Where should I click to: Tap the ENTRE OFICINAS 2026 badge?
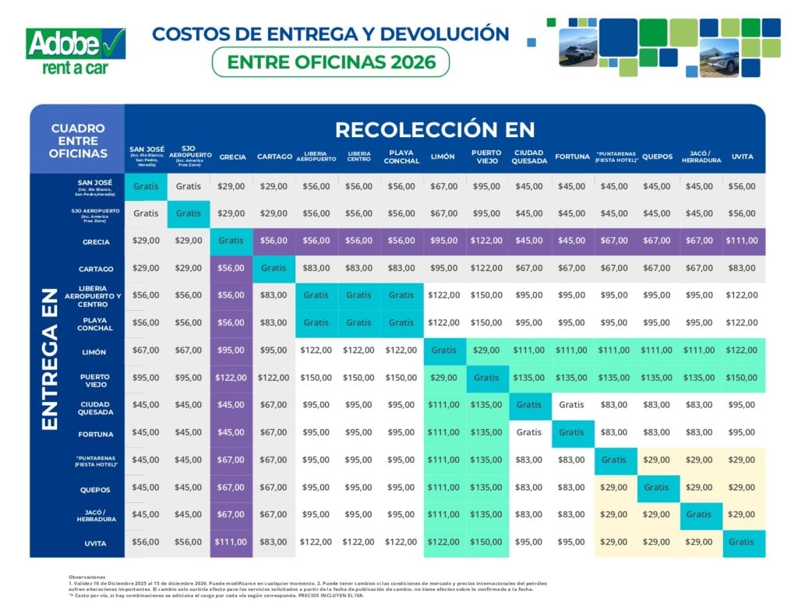click(x=330, y=62)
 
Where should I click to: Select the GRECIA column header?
click(x=231, y=157)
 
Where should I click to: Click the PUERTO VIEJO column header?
click(x=486, y=157)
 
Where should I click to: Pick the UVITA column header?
click(x=743, y=157)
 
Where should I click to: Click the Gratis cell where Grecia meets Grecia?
click(x=231, y=241)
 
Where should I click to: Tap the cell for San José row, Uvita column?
click(x=743, y=186)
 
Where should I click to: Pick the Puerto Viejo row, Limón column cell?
click(x=444, y=378)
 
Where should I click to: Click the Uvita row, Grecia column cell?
click(x=231, y=543)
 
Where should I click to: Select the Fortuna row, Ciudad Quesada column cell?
click(x=529, y=431)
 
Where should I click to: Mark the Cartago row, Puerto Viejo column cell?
click(x=486, y=268)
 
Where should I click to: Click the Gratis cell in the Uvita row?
click(x=743, y=543)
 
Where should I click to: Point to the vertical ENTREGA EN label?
click(x=49, y=358)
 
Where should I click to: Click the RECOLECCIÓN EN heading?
click(x=435, y=129)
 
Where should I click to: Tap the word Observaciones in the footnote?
click(x=87, y=577)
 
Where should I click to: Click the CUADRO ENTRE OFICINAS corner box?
click(x=77, y=140)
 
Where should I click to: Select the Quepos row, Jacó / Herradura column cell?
click(x=699, y=488)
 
